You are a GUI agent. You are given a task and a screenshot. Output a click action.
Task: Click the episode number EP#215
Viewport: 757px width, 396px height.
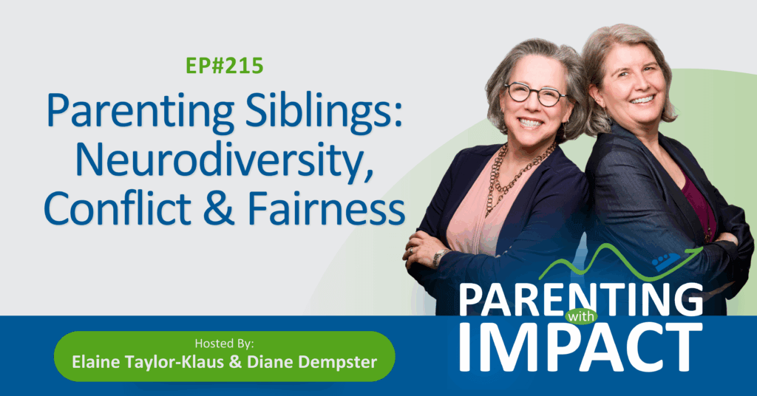[x=225, y=66]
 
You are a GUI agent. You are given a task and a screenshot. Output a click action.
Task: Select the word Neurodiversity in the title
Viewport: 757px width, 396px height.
[x=225, y=160]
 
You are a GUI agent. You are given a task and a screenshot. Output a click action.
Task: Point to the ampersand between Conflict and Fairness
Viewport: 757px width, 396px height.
[x=218, y=209]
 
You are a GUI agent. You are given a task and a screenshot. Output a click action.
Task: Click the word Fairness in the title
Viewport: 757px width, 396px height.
[x=326, y=208]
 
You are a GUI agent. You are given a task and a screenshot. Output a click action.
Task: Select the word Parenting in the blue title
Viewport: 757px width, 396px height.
[x=140, y=112]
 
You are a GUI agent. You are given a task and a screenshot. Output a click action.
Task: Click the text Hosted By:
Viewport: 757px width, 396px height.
[x=224, y=344]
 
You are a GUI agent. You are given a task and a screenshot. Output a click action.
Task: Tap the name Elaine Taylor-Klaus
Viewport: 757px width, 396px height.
[x=148, y=362]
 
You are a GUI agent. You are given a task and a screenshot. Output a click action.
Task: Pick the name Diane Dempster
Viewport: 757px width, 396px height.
[x=312, y=362]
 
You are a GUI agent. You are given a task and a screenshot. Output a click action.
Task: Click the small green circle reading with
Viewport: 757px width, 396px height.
[x=581, y=317]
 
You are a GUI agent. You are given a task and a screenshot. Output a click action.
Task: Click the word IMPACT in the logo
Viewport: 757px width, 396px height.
[x=581, y=348]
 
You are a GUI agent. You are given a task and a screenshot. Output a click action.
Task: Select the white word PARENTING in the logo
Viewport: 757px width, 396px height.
[x=581, y=299]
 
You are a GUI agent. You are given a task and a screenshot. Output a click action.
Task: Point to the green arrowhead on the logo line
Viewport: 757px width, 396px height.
[x=696, y=250]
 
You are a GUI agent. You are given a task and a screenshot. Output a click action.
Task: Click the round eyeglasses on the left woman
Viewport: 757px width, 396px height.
[x=535, y=93]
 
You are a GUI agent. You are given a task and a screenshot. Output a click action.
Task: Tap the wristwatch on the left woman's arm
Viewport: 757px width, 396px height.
[x=438, y=258]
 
